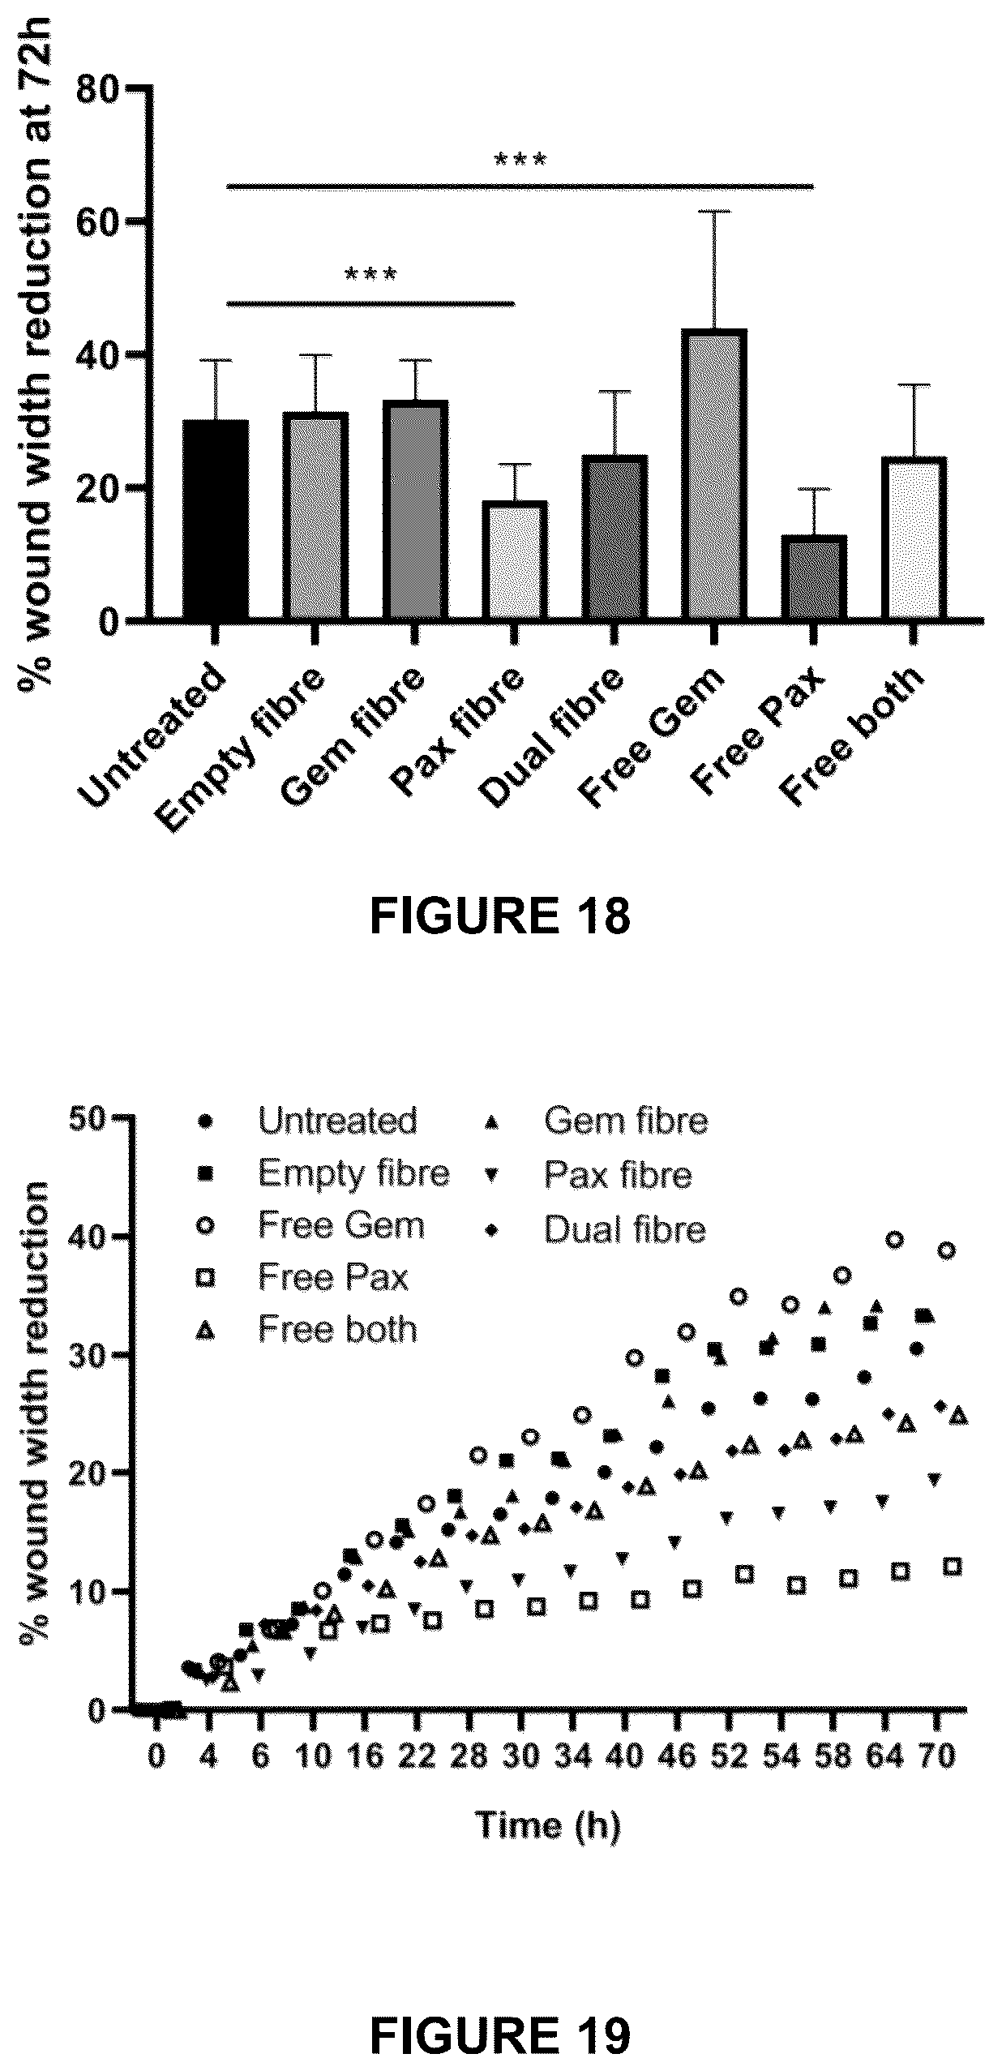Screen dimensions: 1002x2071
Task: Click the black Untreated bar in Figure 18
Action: coord(216,520)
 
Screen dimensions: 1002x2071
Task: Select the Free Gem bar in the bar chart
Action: coord(714,475)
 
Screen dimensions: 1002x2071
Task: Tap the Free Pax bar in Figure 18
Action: coord(814,578)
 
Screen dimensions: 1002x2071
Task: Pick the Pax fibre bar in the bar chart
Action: coord(514,561)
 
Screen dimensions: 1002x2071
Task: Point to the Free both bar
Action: coord(914,539)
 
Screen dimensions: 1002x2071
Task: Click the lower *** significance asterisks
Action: coord(370,276)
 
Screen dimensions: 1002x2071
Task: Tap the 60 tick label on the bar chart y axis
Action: coord(100,221)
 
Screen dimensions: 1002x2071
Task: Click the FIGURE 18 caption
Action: coord(500,917)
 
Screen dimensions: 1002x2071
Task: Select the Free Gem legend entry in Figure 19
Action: coord(312,1225)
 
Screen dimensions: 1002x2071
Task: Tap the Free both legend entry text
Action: coord(337,1329)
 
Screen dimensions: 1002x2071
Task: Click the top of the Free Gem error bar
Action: coord(714,212)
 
